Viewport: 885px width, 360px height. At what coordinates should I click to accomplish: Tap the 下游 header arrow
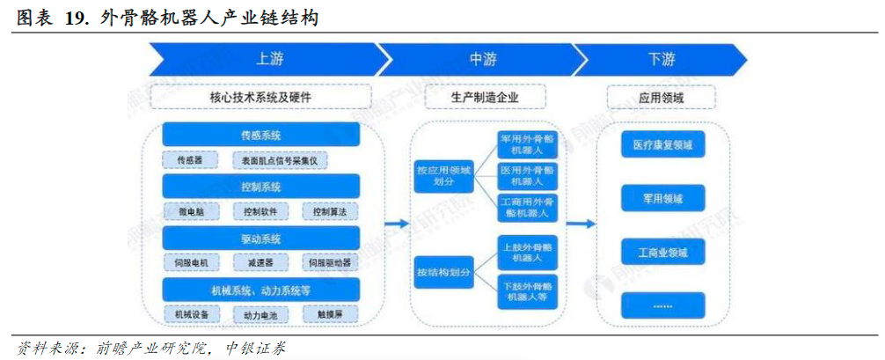pos(662,60)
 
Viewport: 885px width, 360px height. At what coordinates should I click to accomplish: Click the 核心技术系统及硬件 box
pos(261,96)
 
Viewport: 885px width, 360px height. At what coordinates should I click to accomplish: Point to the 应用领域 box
pos(662,96)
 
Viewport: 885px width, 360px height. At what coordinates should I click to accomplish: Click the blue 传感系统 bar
pos(261,135)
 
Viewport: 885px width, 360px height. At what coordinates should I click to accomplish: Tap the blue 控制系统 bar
pos(261,187)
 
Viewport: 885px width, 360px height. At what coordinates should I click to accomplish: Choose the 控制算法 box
pos(331,212)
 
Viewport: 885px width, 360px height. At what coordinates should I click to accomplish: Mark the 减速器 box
pos(260,262)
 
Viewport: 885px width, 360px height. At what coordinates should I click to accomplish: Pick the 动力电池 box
pos(260,314)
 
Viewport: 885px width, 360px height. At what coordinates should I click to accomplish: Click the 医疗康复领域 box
pos(662,144)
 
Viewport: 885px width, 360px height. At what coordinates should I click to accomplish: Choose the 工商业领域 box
pos(662,253)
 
